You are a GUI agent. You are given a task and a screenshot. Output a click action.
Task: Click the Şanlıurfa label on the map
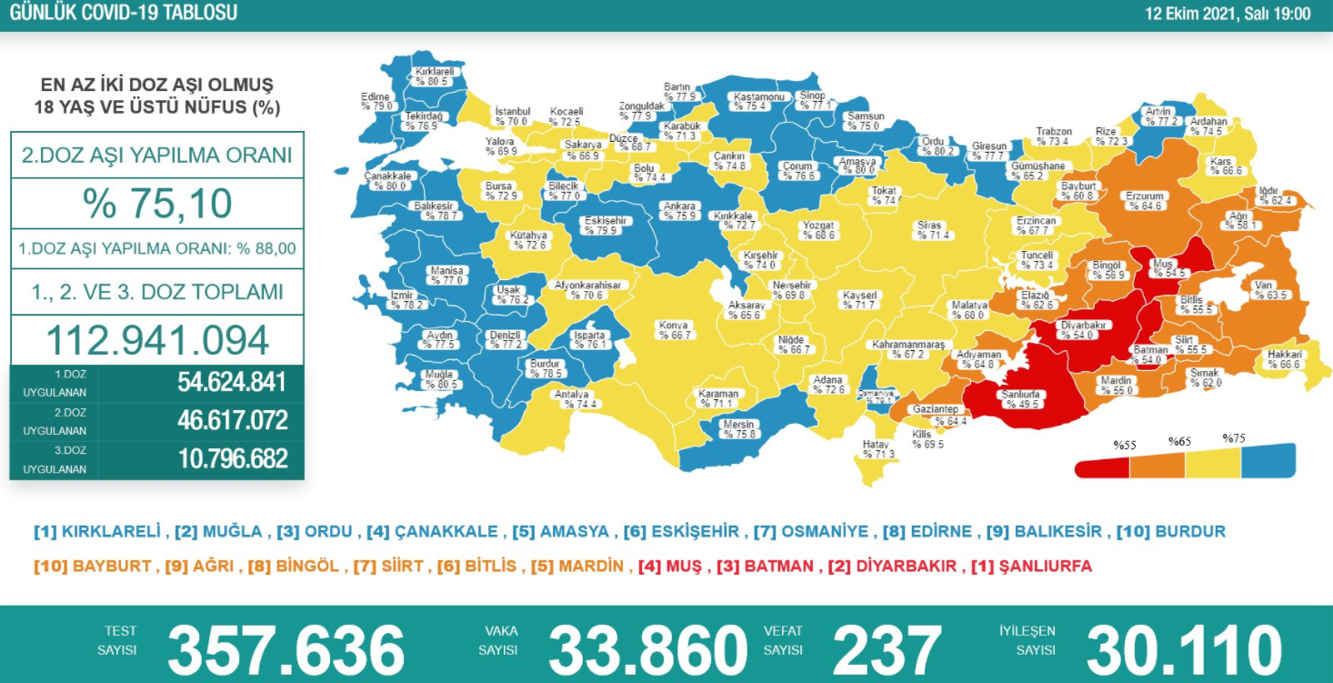click(1020, 399)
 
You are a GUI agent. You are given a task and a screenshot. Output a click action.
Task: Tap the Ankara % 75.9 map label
click(679, 211)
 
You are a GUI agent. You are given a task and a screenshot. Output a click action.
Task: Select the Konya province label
click(674, 330)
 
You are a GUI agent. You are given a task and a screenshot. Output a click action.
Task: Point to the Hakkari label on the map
click(1285, 359)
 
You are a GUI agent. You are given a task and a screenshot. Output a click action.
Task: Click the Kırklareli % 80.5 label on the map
click(434, 75)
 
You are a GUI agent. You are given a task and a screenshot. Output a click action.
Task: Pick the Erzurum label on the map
click(1144, 201)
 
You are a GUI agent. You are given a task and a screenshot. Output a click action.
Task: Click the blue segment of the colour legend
click(1268, 462)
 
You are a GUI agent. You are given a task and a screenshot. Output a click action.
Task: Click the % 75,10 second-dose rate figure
click(157, 204)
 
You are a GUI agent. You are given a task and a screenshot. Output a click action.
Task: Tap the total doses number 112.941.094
click(157, 340)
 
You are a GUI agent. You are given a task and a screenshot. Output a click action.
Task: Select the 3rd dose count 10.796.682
click(233, 458)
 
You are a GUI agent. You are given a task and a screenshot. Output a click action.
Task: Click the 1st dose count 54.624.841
click(233, 382)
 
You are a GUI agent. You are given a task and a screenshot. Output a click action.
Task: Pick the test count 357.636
click(286, 649)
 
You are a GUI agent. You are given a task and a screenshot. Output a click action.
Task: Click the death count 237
click(887, 649)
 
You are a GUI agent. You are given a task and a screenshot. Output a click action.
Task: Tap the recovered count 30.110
click(1184, 649)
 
